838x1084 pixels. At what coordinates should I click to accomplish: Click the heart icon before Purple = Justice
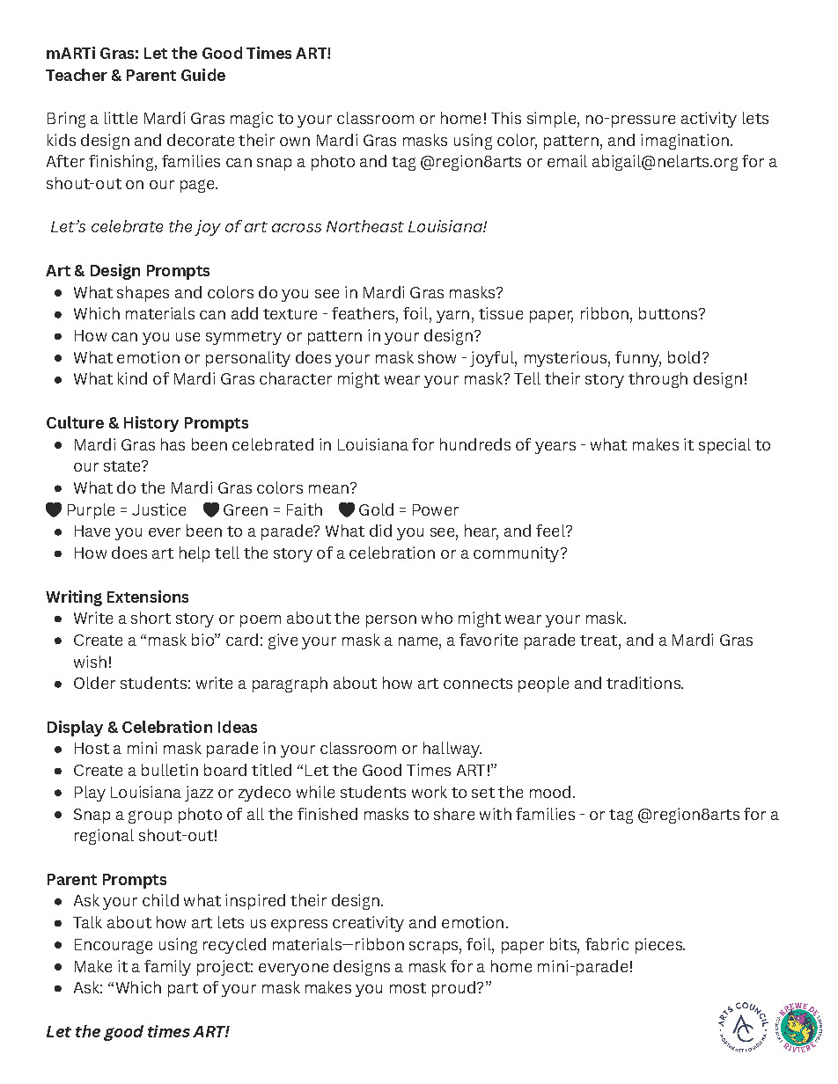pos(54,510)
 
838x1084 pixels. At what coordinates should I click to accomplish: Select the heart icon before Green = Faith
pos(210,510)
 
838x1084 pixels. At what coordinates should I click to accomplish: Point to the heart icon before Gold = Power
pos(346,510)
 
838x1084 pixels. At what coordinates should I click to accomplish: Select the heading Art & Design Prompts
pos(128,270)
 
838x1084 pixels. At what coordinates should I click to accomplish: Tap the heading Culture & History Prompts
pos(147,423)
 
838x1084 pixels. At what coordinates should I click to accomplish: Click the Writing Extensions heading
pos(117,597)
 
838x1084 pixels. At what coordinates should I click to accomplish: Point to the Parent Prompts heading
pos(106,880)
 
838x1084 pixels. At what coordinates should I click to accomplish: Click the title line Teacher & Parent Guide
pos(136,76)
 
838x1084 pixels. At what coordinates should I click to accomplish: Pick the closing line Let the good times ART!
pos(137,1032)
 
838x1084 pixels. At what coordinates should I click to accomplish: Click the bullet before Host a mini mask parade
pos(58,750)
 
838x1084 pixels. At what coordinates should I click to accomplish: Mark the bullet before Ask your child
pos(58,902)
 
